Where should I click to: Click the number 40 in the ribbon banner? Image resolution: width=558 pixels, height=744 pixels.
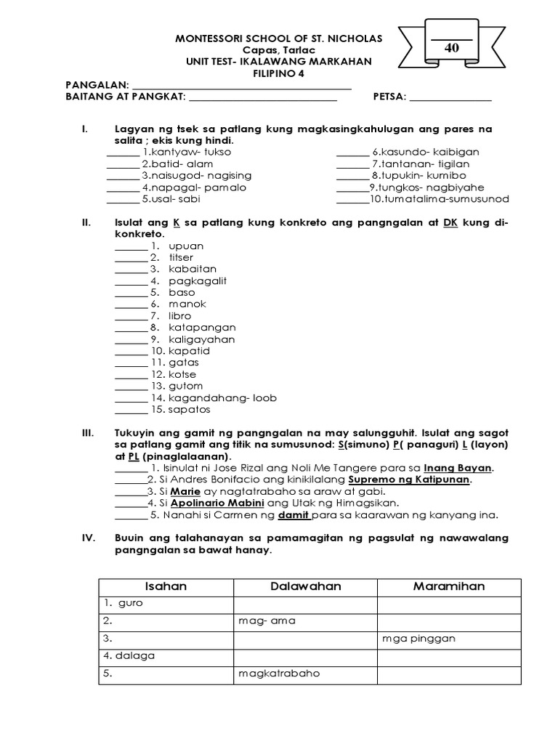pyautogui.click(x=451, y=47)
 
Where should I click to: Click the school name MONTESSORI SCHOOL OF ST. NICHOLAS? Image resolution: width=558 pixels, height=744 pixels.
pyautogui.click(x=279, y=38)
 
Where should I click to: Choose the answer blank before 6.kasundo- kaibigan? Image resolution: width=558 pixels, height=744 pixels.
pyautogui.click(x=352, y=153)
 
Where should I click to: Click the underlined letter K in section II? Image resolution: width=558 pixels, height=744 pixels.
pyautogui.click(x=174, y=223)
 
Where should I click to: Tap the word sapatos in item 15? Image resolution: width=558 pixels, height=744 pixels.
pyautogui.click(x=188, y=409)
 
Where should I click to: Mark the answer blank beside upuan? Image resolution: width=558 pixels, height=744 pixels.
pyautogui.click(x=131, y=246)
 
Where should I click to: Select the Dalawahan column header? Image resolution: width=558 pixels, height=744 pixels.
pyautogui.click(x=305, y=586)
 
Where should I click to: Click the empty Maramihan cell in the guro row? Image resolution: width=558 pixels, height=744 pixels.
pyautogui.click(x=448, y=604)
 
